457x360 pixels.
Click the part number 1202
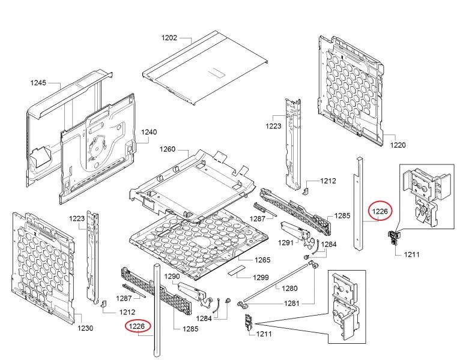tap(169, 38)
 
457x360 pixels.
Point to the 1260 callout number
tap(167, 149)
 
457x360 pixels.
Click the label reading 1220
tap(398, 145)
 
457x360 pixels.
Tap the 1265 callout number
tap(262, 260)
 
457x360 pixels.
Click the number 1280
tap(290, 288)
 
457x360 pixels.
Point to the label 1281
tap(292, 303)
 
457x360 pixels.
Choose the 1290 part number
tap(172, 277)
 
